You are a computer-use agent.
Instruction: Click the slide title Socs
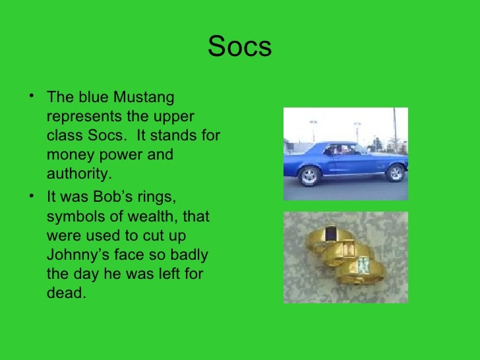click(x=239, y=47)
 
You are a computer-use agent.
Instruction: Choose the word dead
click(x=66, y=293)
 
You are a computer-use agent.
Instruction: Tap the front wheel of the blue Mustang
click(x=395, y=173)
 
